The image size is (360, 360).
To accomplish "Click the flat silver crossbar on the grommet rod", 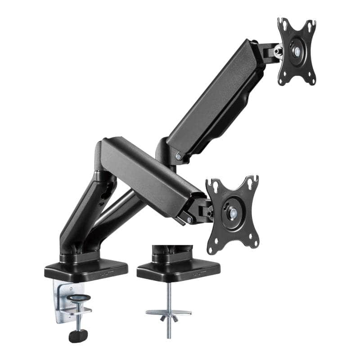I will (x=168, y=312).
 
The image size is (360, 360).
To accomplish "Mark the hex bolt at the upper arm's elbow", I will (x=179, y=157).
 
